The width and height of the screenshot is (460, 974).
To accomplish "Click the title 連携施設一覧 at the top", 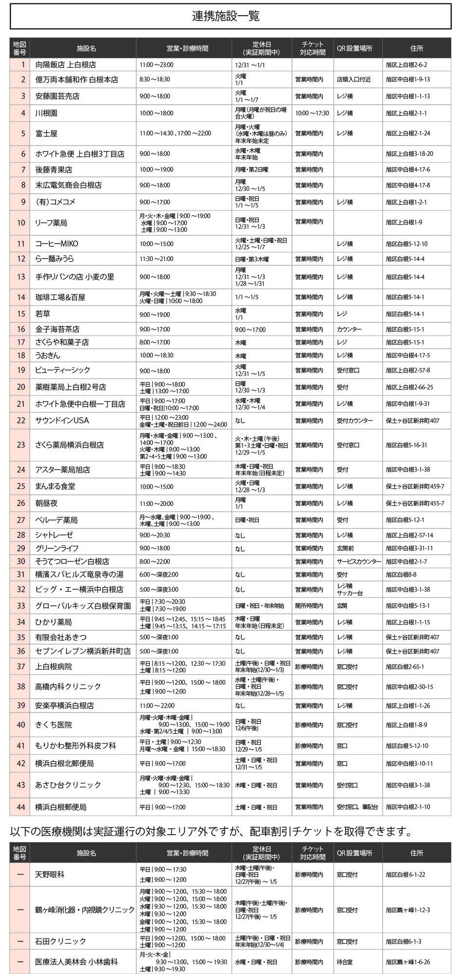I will (x=225, y=16).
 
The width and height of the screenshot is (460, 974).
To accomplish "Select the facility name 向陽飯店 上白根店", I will (x=65, y=64).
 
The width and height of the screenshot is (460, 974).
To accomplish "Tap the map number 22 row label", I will (x=20, y=420).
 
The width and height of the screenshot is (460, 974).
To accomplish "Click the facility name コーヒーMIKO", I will (x=56, y=243).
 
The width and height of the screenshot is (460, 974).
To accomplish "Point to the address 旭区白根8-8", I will (x=401, y=575).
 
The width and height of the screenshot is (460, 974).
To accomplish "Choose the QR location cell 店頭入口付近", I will (x=353, y=79).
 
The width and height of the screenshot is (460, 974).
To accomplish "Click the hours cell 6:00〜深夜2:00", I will (x=159, y=575).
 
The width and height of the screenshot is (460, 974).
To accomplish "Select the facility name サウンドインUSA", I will (x=62, y=420).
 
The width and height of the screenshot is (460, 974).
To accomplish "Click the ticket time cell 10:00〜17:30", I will (x=312, y=113).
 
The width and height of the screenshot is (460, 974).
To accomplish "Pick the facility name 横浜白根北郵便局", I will (x=64, y=763).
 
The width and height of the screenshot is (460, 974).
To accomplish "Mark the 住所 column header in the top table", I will (x=417, y=48).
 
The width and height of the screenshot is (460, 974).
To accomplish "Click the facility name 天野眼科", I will (x=50, y=874).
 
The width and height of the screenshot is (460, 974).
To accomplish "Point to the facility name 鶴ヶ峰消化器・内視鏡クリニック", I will (x=85, y=910).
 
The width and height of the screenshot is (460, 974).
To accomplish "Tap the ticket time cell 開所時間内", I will (x=309, y=606).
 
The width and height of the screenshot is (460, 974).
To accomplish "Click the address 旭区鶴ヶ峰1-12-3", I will (x=408, y=910).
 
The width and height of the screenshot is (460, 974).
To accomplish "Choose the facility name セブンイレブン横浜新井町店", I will (x=83, y=651).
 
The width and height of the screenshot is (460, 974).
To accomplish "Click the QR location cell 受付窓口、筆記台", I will (x=357, y=807).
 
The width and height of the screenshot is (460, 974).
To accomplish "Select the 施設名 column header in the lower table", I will (x=87, y=853).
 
